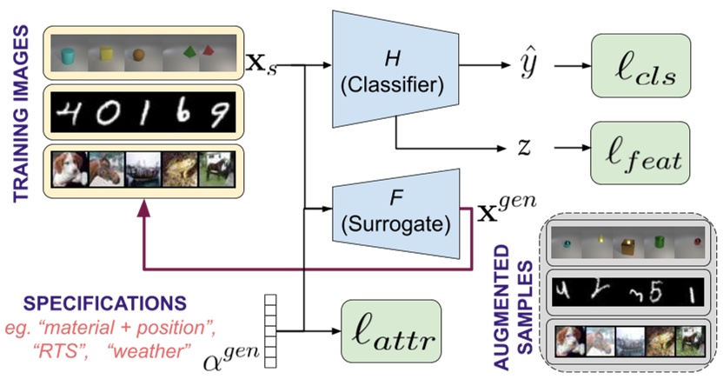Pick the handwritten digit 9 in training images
coord(223,110)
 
